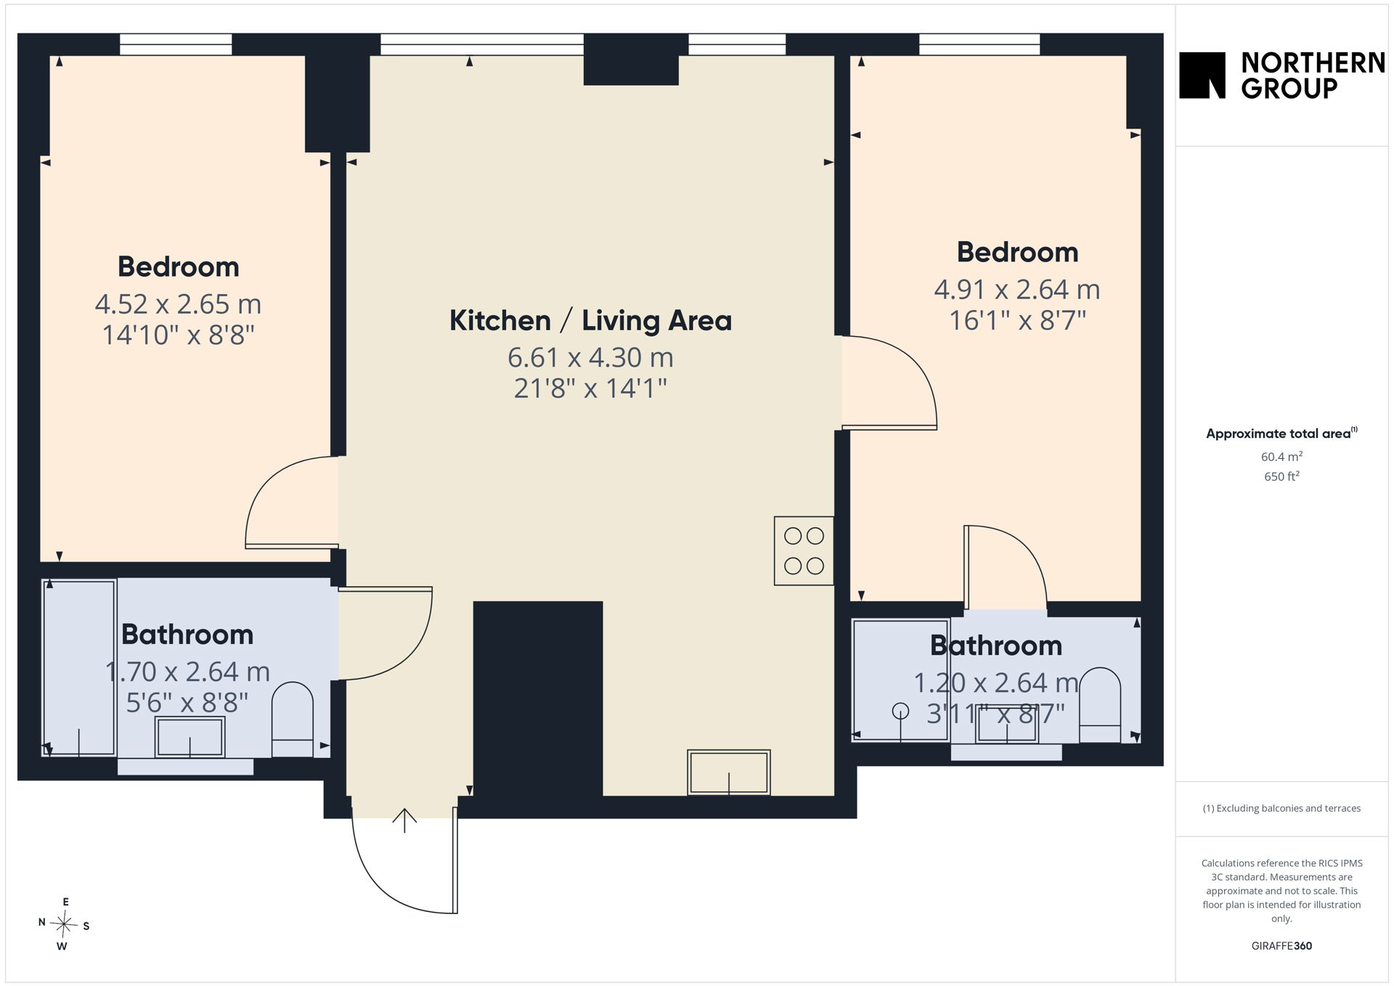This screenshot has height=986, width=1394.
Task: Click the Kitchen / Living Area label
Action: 590,320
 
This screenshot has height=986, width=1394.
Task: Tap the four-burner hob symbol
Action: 804,550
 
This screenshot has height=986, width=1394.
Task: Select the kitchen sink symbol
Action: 728,772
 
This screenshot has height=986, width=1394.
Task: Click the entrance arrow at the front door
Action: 404,820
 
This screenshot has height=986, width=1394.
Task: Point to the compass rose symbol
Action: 65,924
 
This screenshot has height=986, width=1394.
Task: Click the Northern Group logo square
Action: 1202,75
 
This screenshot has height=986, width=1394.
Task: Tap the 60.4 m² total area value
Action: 1281,457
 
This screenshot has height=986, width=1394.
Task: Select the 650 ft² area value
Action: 1281,476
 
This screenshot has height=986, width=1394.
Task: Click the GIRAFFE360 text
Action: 1281,945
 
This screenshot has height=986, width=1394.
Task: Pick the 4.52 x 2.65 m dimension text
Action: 178,303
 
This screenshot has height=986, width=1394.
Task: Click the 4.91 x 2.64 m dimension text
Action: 1016,289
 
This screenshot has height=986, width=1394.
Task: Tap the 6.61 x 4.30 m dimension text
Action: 590,357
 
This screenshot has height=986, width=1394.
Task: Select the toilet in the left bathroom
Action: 293,720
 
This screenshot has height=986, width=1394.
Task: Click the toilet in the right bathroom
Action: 1100,705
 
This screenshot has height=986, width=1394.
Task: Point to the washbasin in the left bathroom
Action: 190,737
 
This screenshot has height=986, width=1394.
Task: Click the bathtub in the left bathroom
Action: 79,668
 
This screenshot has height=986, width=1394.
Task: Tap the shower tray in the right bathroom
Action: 900,680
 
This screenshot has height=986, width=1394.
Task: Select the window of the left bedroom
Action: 176,44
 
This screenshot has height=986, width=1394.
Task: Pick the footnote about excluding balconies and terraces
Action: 1281,808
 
